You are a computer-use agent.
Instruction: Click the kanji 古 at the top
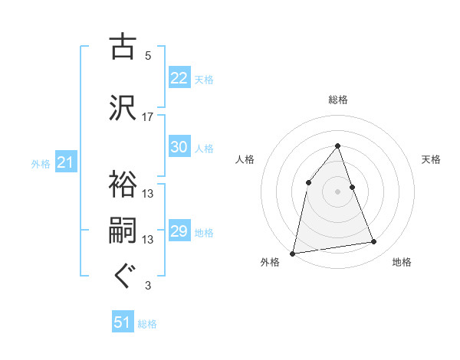(123, 48)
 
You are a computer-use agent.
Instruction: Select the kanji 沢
(123, 108)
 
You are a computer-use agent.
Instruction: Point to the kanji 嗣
(123, 231)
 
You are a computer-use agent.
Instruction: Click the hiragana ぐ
(123, 277)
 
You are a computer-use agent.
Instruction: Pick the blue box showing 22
(179, 78)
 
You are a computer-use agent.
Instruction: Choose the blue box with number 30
(179, 148)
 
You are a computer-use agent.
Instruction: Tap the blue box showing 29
(179, 231)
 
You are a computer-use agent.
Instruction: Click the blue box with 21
(65, 162)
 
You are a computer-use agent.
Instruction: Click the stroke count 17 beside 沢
(148, 116)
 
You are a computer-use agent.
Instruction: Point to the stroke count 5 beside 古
(148, 56)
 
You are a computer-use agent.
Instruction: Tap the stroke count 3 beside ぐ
(148, 286)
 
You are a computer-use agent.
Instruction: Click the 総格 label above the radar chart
(338, 100)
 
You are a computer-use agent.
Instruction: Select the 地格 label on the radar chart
(402, 262)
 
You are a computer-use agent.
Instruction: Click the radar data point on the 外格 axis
(293, 253)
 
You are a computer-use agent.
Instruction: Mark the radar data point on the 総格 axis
(338, 146)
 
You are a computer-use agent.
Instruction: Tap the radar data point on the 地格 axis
(374, 242)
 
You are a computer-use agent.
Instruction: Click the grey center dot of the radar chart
(338, 191)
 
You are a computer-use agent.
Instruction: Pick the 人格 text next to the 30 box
(204, 149)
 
